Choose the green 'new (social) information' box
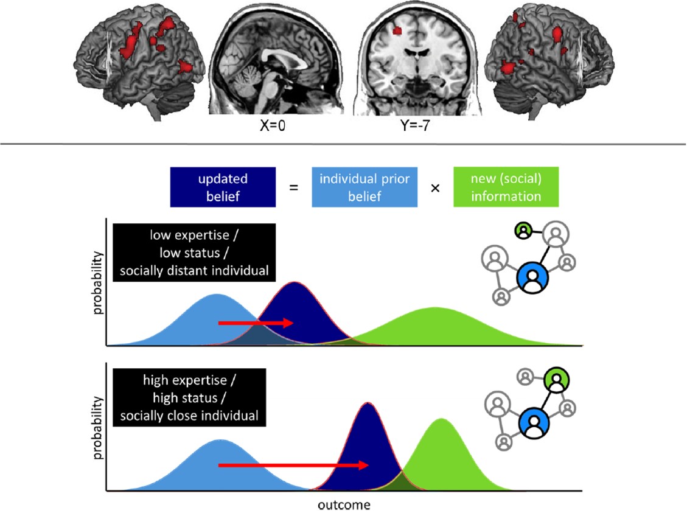[x=506, y=188]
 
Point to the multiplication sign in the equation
[x=435, y=189]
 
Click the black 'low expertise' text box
[x=194, y=253]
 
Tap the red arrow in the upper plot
[x=256, y=323]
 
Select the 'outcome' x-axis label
[x=343, y=505]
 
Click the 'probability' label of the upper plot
[x=97, y=283]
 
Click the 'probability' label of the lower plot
[x=97, y=428]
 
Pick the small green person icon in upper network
[x=523, y=231]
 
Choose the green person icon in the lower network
[x=556, y=381]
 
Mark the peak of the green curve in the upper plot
[x=433, y=309]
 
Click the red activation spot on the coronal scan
[x=399, y=29]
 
